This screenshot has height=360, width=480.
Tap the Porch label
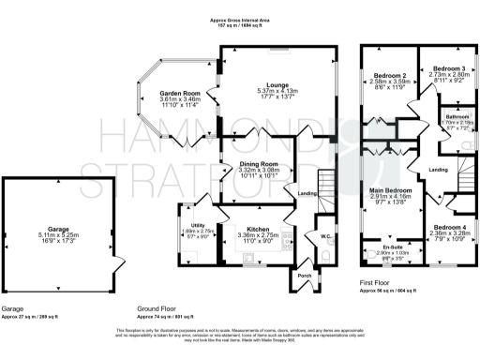tap(304, 276)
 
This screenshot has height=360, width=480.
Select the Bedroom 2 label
tap(389, 75)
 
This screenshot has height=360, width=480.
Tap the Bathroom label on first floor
tap(457, 116)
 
